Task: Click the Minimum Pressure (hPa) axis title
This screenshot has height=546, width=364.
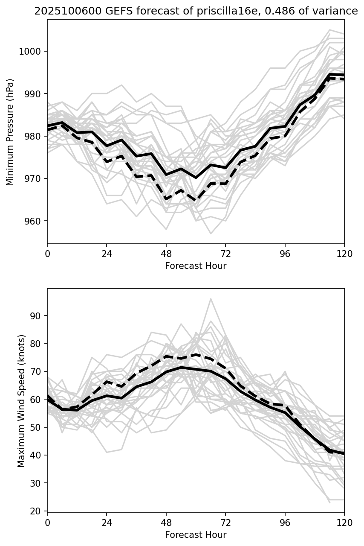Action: coord(10,131)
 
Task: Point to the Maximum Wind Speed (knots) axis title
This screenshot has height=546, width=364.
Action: coord(21,400)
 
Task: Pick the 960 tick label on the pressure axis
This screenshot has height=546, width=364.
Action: coord(33,221)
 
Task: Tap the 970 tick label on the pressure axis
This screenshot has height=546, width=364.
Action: coord(33,178)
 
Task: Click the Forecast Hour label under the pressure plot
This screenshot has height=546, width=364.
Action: coord(196,266)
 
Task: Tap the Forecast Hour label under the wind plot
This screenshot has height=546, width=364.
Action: coord(196,534)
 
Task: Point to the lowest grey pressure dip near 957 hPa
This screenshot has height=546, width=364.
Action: coord(211,234)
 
